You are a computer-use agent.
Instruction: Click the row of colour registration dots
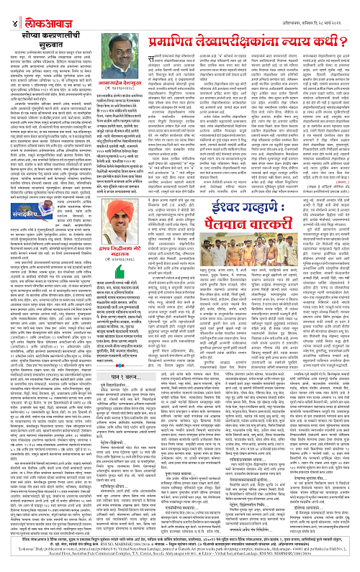180,568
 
